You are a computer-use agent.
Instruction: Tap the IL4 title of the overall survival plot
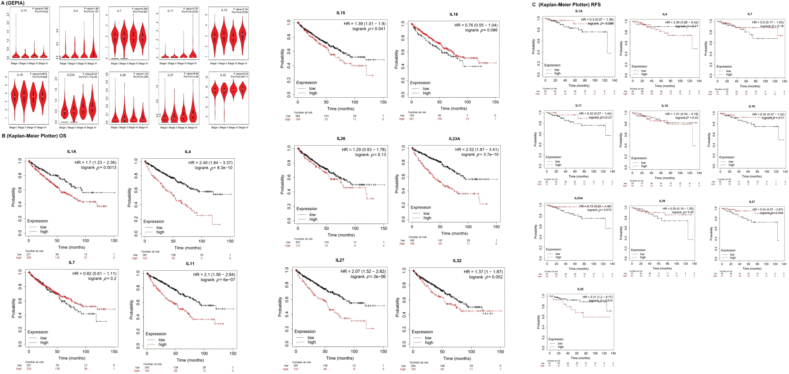tap(188, 152)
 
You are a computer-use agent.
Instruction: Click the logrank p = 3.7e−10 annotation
tap(480, 155)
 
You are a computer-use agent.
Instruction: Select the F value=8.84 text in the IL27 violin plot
tap(191, 74)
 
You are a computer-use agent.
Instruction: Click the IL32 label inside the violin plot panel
tap(223, 75)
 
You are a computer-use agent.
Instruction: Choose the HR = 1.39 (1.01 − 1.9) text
tap(365, 24)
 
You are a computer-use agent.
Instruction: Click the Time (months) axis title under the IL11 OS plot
tap(190, 360)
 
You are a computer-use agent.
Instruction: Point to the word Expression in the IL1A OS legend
tap(38, 221)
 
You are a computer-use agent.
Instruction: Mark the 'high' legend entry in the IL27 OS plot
tap(312, 342)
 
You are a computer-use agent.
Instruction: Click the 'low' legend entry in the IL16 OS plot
tap(426, 89)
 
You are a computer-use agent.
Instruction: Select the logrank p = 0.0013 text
tap(99, 168)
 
